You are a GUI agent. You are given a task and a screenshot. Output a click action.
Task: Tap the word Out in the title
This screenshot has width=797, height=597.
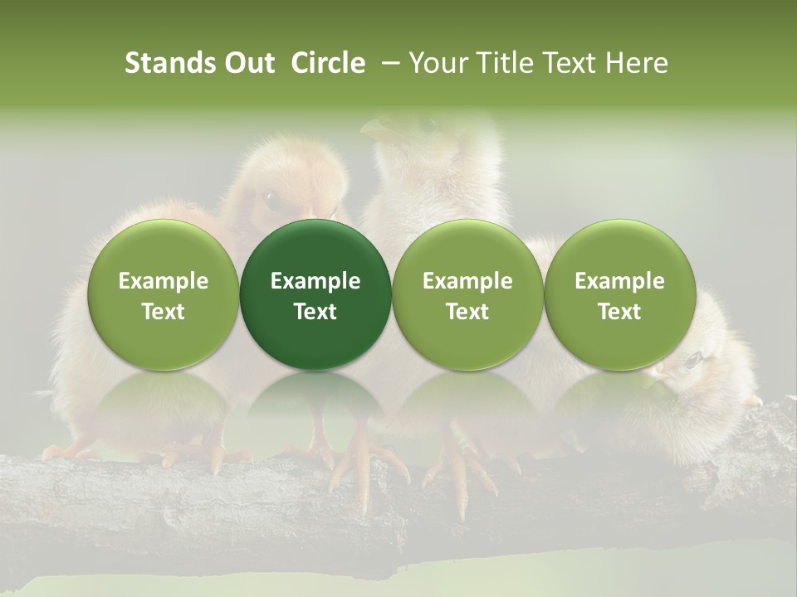click(247, 64)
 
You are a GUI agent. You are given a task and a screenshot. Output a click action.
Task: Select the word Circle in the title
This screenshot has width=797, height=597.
click(328, 64)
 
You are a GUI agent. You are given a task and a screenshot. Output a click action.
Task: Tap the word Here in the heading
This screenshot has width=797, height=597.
click(637, 64)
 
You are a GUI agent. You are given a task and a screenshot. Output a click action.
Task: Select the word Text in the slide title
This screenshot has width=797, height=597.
click(570, 64)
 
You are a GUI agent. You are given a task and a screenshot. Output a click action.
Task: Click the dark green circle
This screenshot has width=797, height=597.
click(315, 294)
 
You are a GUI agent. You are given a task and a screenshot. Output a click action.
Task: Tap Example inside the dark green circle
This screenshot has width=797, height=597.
click(315, 281)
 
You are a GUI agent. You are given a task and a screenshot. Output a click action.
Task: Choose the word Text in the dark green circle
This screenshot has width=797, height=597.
click(315, 312)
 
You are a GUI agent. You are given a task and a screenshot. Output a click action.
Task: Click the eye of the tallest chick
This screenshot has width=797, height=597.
click(428, 126)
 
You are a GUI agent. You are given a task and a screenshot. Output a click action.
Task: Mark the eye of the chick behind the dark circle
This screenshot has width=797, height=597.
click(270, 199)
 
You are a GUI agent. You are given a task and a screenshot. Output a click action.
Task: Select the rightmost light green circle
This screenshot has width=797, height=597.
click(619, 294)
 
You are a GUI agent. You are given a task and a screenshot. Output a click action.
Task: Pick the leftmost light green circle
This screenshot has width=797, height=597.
click(163, 294)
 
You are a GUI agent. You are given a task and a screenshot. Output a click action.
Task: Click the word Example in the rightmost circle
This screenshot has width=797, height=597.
click(619, 281)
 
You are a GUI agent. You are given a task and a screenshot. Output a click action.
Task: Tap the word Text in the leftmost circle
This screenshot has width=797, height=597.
click(163, 312)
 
